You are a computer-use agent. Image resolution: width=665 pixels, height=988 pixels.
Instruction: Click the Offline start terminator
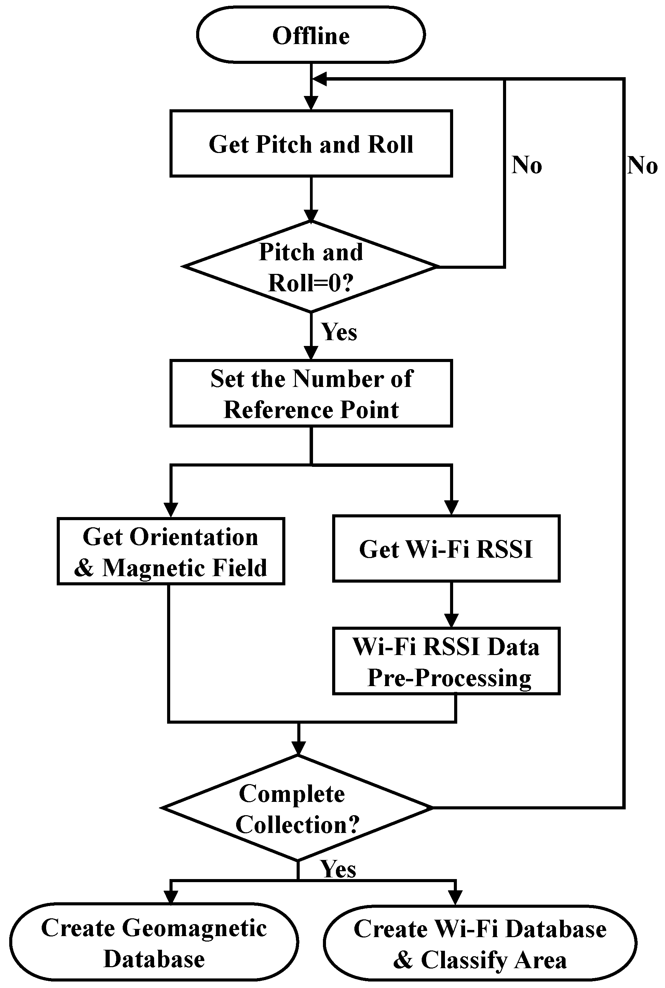[311, 35]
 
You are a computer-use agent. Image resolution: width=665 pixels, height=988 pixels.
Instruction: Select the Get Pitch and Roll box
[311, 144]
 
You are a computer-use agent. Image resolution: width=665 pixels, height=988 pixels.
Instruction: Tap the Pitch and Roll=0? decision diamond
[311, 267]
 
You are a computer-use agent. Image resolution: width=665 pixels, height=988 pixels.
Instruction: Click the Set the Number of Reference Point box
[311, 393]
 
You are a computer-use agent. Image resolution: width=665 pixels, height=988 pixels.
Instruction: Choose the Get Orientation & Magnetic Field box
[171, 552]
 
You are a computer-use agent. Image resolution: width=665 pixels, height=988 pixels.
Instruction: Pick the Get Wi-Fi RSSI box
[446, 549]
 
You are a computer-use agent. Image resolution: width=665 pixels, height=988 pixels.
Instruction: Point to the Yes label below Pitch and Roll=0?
[339, 332]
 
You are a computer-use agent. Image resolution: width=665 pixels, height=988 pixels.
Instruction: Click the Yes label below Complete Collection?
[338, 869]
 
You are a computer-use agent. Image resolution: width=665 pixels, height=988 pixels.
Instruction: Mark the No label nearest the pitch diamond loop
[527, 165]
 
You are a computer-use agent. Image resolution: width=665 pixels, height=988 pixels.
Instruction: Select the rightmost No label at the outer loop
[642, 165]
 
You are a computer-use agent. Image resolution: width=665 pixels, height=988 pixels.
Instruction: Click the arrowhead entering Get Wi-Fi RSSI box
[451, 507]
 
